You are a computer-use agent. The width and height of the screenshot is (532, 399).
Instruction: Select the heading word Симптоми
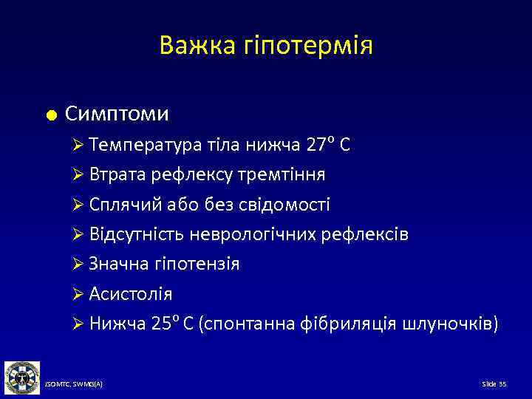click(117, 114)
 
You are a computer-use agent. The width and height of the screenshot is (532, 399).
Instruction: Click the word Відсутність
click(137, 234)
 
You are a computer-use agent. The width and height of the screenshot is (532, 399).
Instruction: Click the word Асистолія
click(131, 294)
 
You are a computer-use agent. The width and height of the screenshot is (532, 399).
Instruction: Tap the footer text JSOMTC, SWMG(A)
click(74, 385)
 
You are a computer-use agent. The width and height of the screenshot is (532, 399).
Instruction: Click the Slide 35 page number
click(494, 385)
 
